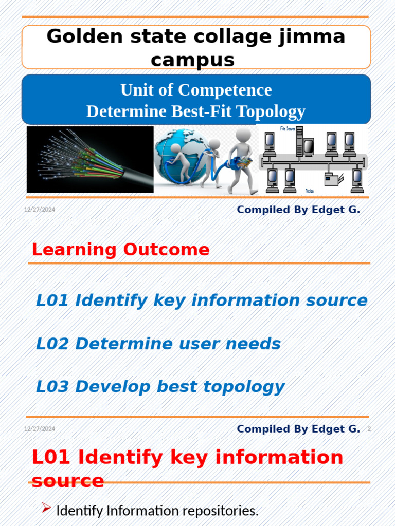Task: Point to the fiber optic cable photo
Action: tap(90, 159)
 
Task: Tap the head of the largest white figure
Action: tap(243, 135)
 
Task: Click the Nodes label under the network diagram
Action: tap(310, 191)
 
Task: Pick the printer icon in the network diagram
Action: tap(331, 179)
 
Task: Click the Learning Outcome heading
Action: tap(120, 250)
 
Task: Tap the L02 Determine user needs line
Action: tap(158, 344)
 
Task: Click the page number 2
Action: tap(369, 429)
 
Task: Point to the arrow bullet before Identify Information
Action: tap(46, 509)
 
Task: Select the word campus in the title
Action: tap(192, 60)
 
